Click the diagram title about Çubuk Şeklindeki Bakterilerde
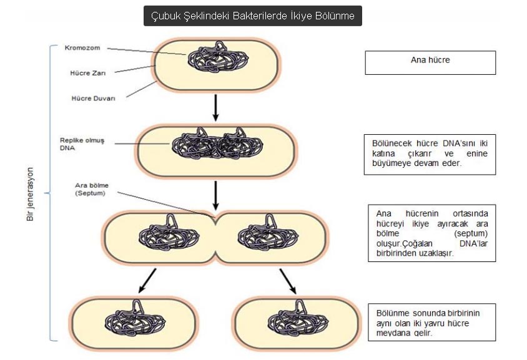click(x=252, y=16)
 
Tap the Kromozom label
click(x=82, y=47)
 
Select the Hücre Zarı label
click(x=87, y=72)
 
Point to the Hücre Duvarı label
click(x=91, y=97)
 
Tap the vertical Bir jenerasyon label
click(x=29, y=193)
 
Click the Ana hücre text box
click(x=430, y=62)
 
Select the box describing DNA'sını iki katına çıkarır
click(x=430, y=153)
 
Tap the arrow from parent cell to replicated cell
click(x=215, y=107)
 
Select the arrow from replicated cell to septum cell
click(x=215, y=195)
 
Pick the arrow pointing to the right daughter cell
click(x=288, y=281)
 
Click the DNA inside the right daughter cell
click(x=296, y=321)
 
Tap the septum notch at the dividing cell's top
click(x=215, y=217)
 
